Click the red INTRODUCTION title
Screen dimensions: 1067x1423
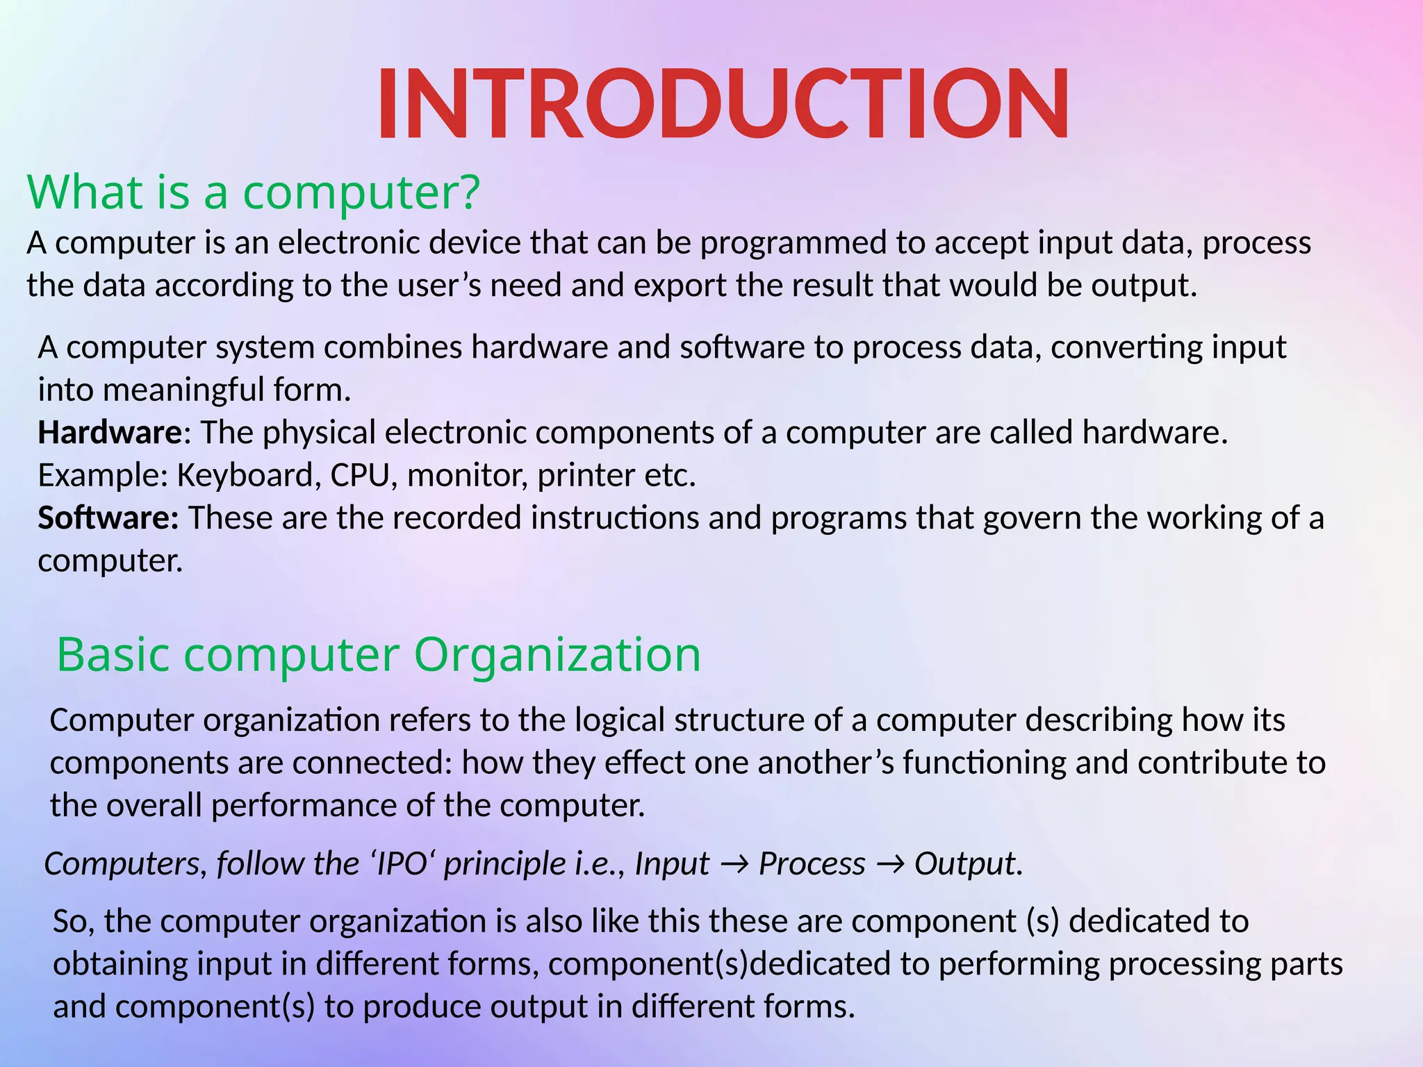coord(723,104)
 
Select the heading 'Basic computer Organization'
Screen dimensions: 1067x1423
coord(379,654)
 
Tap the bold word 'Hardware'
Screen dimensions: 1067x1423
coord(110,432)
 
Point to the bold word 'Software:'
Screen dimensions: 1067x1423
coord(108,518)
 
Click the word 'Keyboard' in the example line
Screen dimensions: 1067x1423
coord(249,476)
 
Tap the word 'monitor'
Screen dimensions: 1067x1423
coord(467,476)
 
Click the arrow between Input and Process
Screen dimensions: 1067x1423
coord(734,864)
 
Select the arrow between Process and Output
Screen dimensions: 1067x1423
coord(890,864)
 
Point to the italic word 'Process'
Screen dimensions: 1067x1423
coord(812,864)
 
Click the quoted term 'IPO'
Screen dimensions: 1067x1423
coord(400,864)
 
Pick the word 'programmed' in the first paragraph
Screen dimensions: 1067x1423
coord(793,243)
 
